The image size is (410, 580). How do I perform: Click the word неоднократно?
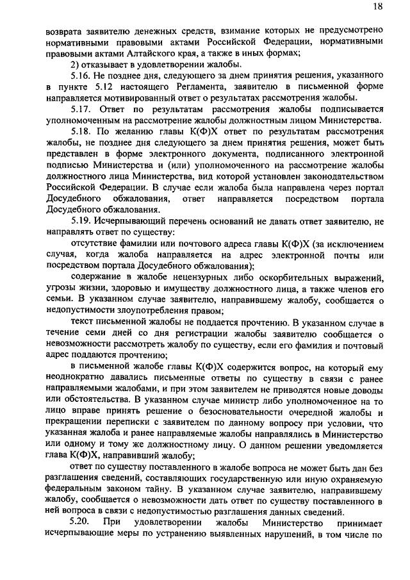74,377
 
